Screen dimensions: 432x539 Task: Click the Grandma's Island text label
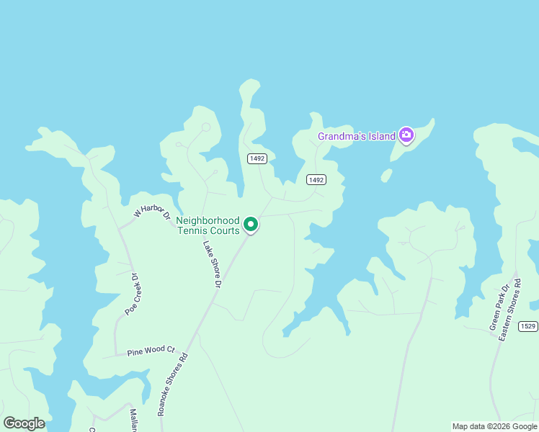(357, 136)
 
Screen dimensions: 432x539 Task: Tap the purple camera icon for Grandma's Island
(406, 135)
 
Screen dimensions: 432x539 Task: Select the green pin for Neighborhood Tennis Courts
(251, 225)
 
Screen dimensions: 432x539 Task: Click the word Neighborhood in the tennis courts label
(208, 220)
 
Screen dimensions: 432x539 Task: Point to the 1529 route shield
(528, 326)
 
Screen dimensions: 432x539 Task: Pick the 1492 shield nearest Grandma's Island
(315, 179)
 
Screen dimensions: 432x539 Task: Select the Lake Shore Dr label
(210, 264)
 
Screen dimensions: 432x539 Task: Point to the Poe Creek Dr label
(130, 294)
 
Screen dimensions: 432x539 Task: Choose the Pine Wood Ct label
(151, 351)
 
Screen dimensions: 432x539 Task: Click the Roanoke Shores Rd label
(173, 383)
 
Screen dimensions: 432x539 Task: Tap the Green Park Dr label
(499, 307)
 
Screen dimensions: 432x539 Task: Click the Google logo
(24, 423)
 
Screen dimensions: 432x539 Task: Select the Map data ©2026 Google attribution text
(494, 426)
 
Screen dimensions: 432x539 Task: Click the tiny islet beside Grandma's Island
(386, 175)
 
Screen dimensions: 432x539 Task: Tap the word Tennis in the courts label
(192, 230)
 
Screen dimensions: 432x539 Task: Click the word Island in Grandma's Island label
(380, 136)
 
